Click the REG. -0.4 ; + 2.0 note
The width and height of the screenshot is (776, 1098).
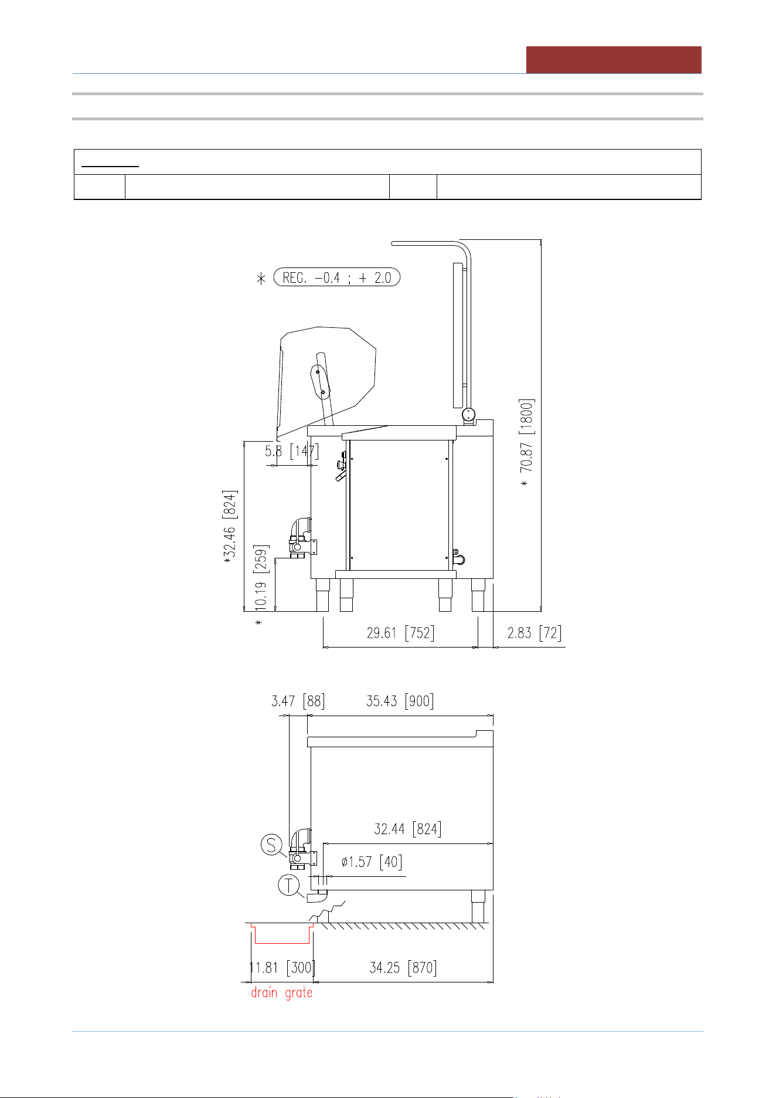(x=337, y=277)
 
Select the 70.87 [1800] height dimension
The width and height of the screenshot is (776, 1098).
(x=527, y=436)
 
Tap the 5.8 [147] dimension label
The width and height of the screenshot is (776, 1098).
(x=292, y=452)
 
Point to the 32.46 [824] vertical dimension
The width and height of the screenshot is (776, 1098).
(x=230, y=523)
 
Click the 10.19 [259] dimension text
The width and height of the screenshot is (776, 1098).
(x=261, y=578)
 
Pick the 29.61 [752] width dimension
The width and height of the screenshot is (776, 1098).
(x=401, y=633)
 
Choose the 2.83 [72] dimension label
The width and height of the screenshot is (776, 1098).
(x=535, y=633)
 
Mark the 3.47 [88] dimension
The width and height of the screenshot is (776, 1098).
(x=298, y=701)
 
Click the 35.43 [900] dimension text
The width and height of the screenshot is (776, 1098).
(x=400, y=701)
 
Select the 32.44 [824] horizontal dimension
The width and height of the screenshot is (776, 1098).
(x=408, y=829)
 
